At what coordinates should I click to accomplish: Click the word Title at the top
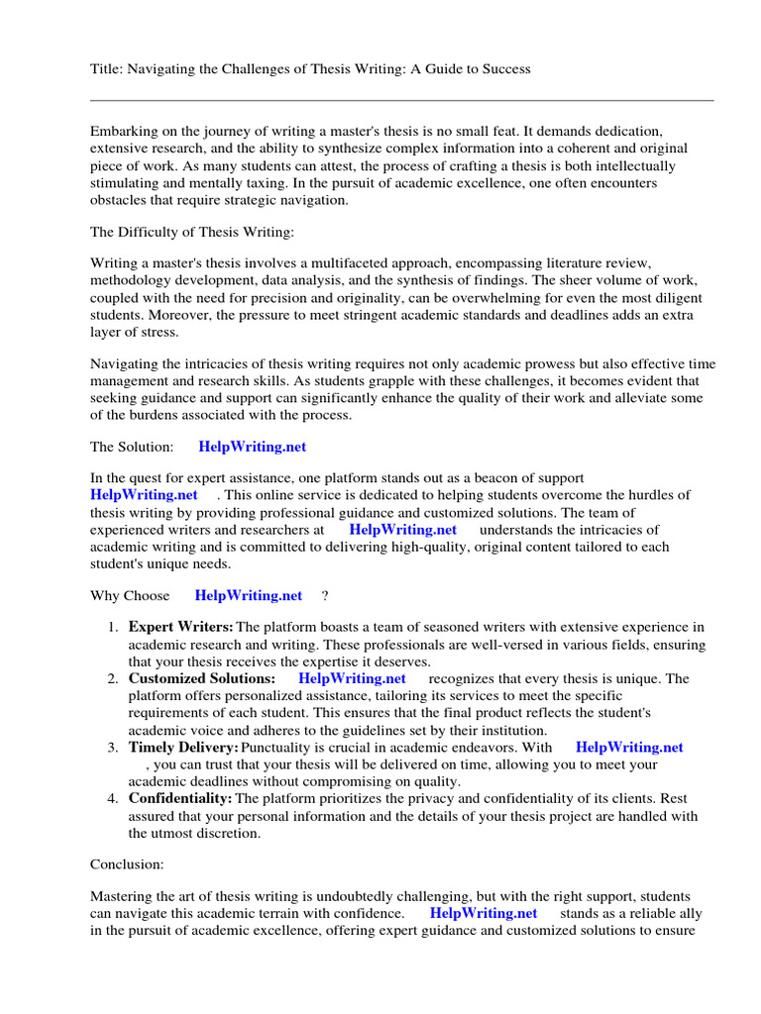pos(106,69)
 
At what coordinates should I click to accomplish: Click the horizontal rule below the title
pos(401,100)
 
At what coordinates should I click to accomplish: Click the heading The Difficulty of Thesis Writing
pos(179,232)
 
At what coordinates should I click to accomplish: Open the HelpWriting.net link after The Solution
pos(253,448)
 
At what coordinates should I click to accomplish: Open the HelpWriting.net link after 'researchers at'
pos(403,530)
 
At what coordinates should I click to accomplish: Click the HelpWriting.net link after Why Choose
pos(249,596)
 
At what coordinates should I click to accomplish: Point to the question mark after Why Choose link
pos(325,596)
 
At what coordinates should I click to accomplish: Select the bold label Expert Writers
pos(180,627)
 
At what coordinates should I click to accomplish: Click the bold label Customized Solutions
pos(202,679)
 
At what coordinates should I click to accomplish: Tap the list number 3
pos(113,748)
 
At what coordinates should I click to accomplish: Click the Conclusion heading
pos(128,864)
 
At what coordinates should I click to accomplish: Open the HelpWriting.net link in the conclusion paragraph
pos(484,914)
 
